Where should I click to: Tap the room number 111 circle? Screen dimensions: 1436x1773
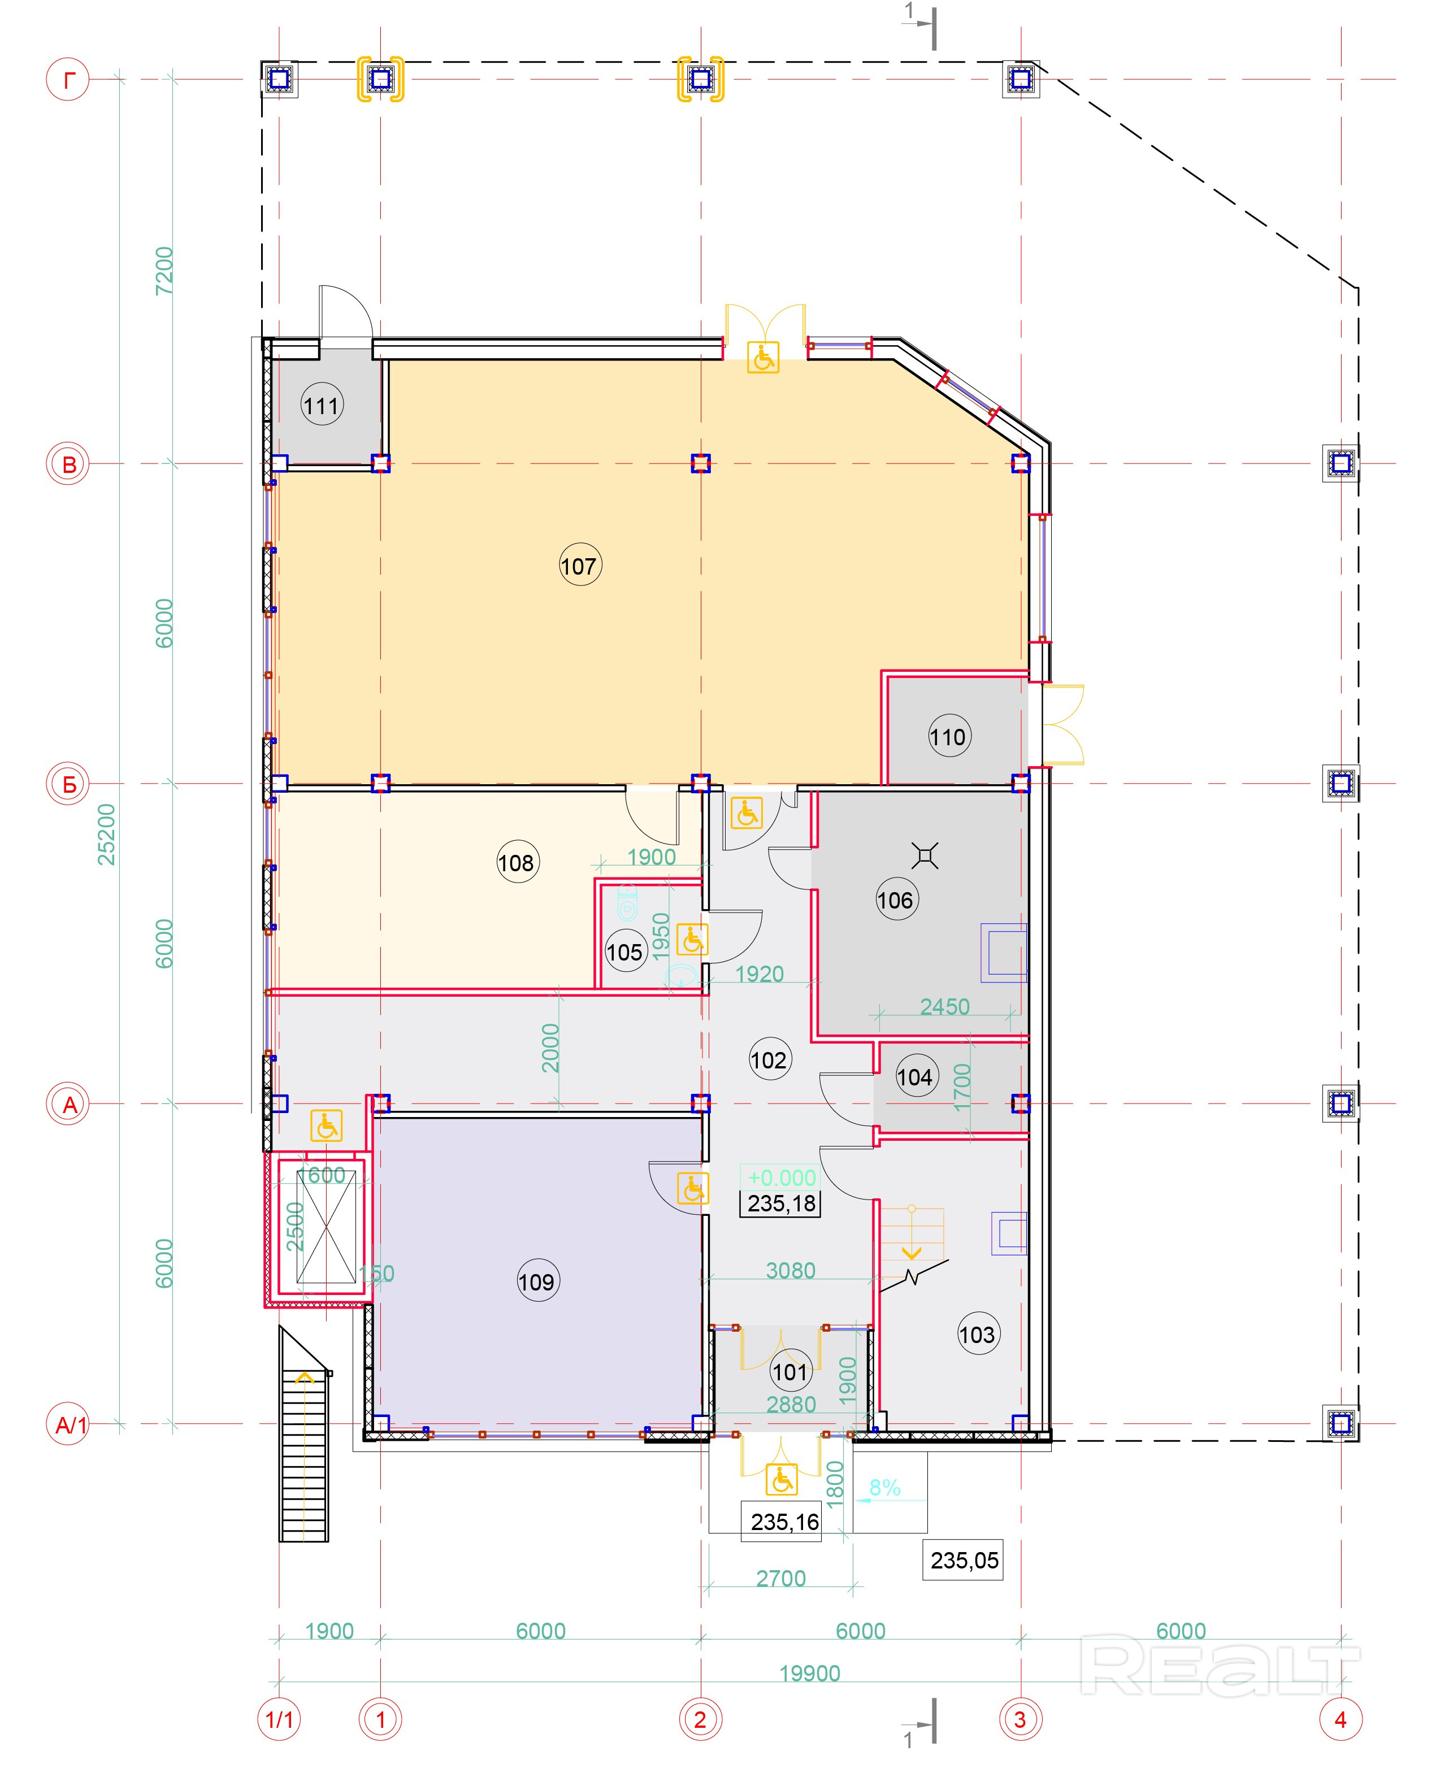pyautogui.click(x=322, y=405)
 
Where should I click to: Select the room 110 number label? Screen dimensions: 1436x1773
pyautogui.click(x=948, y=736)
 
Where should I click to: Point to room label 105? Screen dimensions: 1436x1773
pyautogui.click(x=624, y=952)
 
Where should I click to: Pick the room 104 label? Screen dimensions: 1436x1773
pyautogui.click(x=915, y=1077)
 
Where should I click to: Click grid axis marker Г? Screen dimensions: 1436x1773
pyautogui.click(x=68, y=80)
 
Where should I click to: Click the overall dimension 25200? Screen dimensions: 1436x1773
pyautogui.click(x=107, y=835)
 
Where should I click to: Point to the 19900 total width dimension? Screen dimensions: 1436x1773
pyautogui.click(x=809, y=1673)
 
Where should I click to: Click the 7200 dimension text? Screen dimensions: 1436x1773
pyautogui.click(x=164, y=271)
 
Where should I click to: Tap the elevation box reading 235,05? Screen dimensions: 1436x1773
pyautogui.click(x=964, y=1561)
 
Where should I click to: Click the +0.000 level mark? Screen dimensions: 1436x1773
pyautogui.click(x=781, y=1177)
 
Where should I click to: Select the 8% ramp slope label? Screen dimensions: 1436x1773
pyautogui.click(x=884, y=1488)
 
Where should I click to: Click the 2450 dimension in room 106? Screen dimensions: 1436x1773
pyautogui.click(x=945, y=1006)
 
